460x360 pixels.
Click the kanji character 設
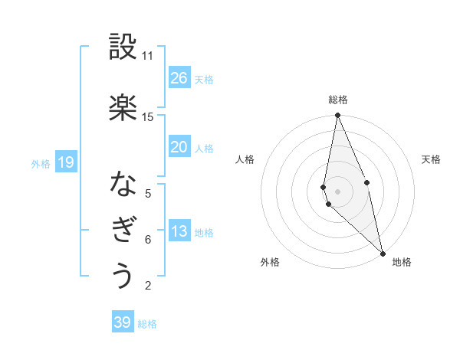pos(123,47)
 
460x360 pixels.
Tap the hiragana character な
pos(123,184)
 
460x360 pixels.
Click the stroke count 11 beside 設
pos(147,56)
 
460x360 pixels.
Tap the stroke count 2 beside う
pos(147,286)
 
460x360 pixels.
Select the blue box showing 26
pos(179,78)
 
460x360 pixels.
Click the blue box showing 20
pos(179,147)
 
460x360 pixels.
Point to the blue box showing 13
pos(179,232)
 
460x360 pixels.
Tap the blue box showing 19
pos(65,162)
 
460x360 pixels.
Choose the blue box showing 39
pos(123,322)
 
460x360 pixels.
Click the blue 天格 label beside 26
pos(204,80)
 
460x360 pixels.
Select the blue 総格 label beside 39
pos(147,324)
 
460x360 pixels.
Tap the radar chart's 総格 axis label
pos(338,100)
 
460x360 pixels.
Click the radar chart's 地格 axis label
pos(402,262)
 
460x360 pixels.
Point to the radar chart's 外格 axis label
pos(270,262)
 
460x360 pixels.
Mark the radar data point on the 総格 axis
pos(337,116)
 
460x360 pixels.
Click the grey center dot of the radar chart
pos(337,191)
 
